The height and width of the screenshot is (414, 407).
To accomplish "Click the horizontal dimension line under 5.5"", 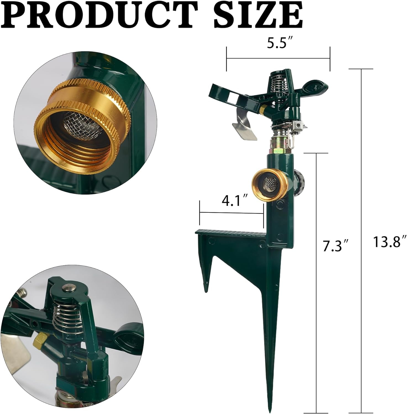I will pyautogui.click(x=278, y=59).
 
